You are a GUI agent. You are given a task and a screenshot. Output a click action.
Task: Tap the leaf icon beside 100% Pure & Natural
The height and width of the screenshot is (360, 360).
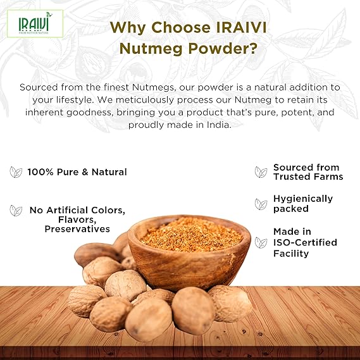tap(16, 172)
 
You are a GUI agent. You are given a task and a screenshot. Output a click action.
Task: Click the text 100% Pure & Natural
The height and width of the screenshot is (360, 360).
tap(77, 172)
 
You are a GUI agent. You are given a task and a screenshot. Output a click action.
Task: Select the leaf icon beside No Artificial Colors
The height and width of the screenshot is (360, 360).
tap(16, 210)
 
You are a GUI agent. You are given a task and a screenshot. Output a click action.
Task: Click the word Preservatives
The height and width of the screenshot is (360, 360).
tap(77, 229)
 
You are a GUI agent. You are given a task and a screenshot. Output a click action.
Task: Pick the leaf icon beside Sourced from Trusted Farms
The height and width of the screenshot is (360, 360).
tap(261, 172)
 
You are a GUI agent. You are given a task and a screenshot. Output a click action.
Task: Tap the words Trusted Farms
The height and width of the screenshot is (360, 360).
tap(308, 177)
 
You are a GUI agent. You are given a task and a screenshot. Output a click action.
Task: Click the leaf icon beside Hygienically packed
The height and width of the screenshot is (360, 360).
tap(261, 204)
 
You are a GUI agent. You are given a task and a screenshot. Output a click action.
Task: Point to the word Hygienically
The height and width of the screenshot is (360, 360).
tap(303, 199)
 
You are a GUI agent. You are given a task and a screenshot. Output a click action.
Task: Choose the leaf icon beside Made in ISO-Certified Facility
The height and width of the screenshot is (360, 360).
tap(261, 242)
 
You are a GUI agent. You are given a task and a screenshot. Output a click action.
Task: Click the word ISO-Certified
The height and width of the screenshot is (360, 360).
tap(305, 242)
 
